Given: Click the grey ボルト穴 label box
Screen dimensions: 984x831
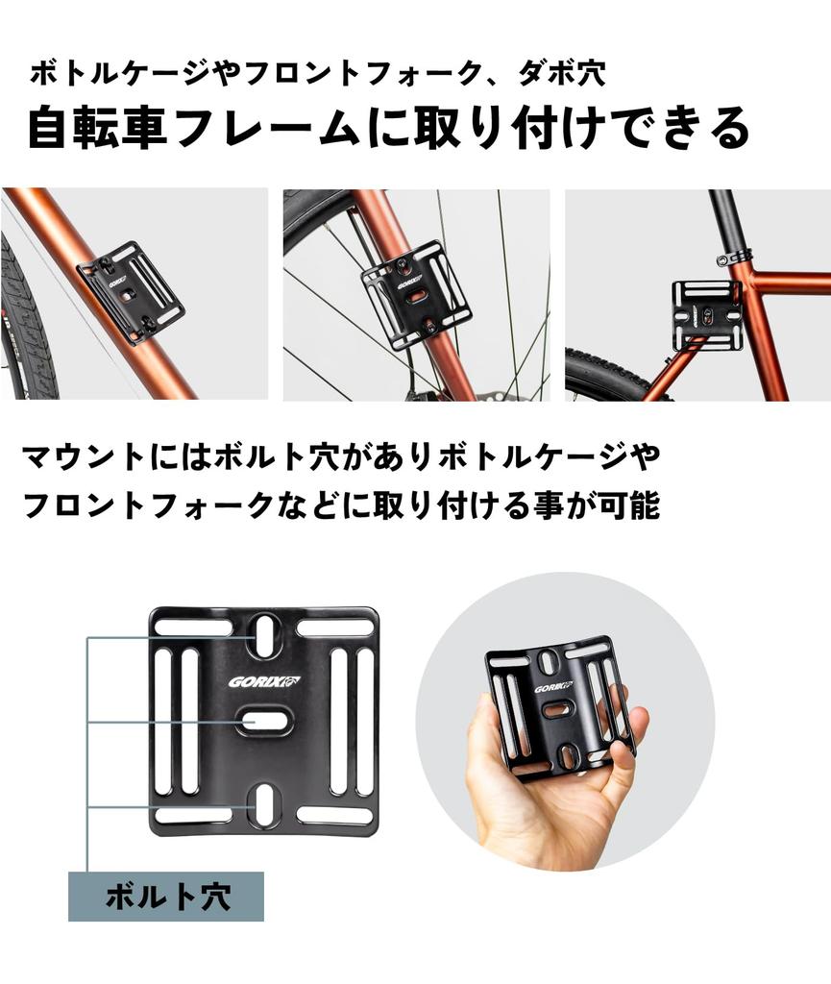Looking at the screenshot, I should click(x=165, y=897).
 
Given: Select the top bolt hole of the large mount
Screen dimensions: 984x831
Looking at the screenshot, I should click(x=264, y=633).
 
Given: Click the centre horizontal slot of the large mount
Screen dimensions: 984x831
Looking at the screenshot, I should click(x=264, y=720).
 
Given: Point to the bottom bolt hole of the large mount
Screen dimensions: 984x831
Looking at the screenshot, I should click(x=264, y=806).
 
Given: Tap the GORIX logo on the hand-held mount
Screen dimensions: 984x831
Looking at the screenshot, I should click(x=553, y=687).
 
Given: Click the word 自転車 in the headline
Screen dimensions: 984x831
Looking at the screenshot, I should click(x=96, y=127).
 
